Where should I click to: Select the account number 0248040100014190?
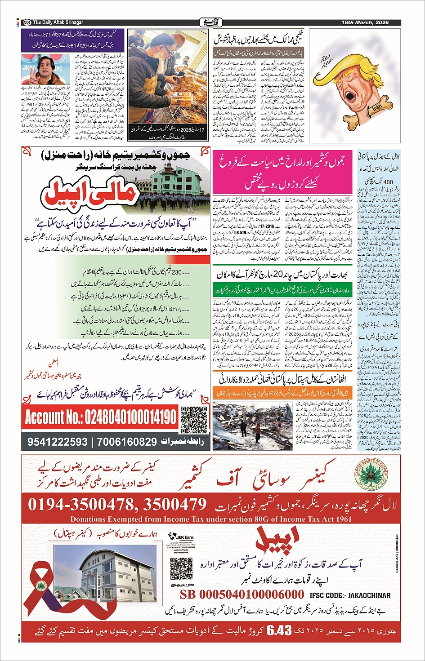[101, 417]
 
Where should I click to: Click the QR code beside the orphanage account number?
[194, 419]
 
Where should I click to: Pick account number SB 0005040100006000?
[242, 594]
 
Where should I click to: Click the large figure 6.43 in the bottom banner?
[279, 631]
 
